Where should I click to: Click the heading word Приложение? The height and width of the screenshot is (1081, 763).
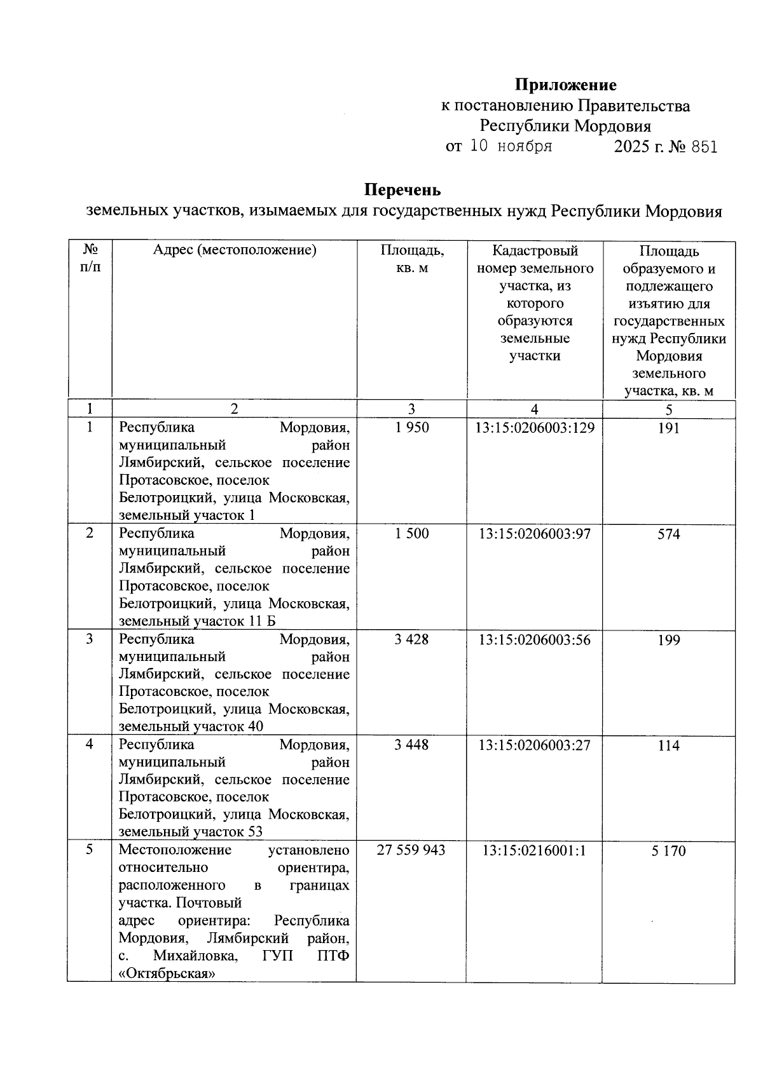(x=565, y=85)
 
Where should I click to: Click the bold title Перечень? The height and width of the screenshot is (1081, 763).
(x=402, y=190)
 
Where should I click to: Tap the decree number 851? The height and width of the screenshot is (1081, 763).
(x=704, y=147)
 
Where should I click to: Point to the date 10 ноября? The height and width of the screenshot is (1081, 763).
(x=511, y=146)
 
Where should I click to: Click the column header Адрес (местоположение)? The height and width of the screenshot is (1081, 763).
(x=234, y=250)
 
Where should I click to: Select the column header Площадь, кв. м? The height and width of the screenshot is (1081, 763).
(x=411, y=259)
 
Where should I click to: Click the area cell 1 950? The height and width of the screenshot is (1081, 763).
(x=411, y=428)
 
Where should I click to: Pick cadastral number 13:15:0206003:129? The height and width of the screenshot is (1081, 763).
(x=535, y=428)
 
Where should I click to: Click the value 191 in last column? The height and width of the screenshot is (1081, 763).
(x=668, y=428)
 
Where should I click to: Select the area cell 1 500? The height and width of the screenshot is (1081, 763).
(x=411, y=534)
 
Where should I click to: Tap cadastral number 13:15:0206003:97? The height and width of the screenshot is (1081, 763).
(x=535, y=534)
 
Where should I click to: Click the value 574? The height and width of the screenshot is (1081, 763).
(x=668, y=534)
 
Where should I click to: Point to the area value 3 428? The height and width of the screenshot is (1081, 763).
(x=411, y=639)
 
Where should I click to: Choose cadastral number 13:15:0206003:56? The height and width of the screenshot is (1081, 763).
(x=535, y=639)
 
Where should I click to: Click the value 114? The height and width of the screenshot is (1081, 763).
(x=668, y=745)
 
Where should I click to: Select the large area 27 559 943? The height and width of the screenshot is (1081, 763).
(x=411, y=850)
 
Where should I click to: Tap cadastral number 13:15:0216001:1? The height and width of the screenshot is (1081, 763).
(x=535, y=850)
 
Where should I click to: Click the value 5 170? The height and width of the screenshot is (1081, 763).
(x=668, y=851)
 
